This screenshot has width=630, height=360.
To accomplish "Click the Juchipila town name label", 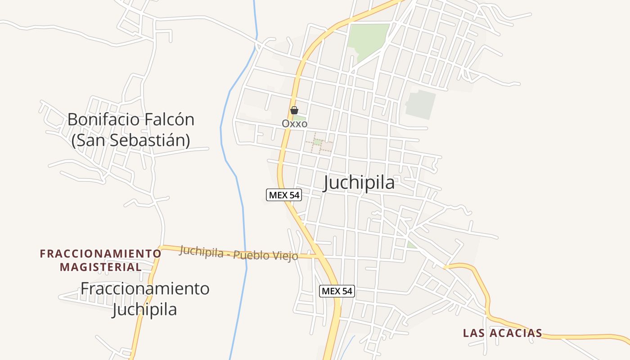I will click(x=359, y=183).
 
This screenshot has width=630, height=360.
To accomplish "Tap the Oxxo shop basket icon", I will click(x=294, y=110).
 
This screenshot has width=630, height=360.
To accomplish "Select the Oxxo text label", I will click(x=294, y=123).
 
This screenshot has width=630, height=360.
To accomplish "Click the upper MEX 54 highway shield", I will click(x=283, y=195).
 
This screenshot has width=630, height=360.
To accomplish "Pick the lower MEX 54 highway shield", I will click(x=337, y=291).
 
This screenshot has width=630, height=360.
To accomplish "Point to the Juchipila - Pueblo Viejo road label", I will click(x=238, y=253).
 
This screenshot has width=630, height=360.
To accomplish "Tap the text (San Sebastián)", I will click(x=130, y=140).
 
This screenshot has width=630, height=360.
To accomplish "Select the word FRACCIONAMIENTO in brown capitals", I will click(x=100, y=254).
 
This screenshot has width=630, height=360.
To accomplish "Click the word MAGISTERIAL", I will click(x=101, y=267).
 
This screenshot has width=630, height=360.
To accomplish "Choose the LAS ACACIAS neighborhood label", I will click(x=503, y=333).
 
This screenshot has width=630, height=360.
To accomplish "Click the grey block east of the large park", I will click(x=421, y=104).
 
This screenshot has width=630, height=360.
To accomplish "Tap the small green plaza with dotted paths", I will click(x=318, y=143).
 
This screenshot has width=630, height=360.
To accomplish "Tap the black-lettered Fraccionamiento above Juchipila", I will click(x=145, y=288).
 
